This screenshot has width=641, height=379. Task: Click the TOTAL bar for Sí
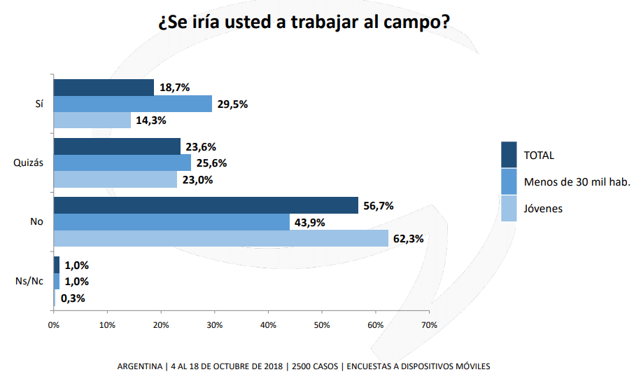tap(104, 88)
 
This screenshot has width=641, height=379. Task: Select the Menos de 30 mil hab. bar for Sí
tap(133, 104)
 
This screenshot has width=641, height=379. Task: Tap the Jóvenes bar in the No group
tap(221, 238)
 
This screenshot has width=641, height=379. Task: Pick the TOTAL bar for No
tap(206, 205)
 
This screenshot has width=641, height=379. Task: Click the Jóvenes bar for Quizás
tap(115, 179)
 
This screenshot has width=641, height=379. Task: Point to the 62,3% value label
tap(409, 238)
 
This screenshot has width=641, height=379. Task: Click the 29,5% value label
tap(232, 104)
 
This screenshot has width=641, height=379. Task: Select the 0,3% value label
tap(72, 298)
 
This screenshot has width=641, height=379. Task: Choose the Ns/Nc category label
tap(31, 281)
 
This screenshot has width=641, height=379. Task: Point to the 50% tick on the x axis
tap(322, 325)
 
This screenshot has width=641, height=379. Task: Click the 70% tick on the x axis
tap(430, 325)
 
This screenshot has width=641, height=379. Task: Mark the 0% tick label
tap(53, 325)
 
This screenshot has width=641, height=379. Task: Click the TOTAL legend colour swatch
tap(509, 155)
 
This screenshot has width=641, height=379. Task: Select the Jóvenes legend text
tap(543, 208)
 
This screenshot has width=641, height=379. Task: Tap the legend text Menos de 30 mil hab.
tap(577, 182)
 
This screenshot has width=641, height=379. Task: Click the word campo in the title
tap(408, 22)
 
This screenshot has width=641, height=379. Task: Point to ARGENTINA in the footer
tap(139, 366)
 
